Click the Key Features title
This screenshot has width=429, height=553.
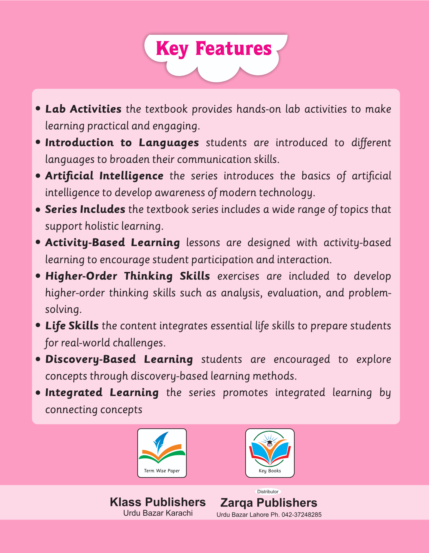tap(214, 49)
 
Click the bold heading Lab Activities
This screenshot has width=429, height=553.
tap(83, 109)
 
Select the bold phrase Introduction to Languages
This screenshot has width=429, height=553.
tap(122, 143)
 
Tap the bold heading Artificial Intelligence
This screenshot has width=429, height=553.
tap(104, 176)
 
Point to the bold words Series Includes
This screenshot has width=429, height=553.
tap(85, 209)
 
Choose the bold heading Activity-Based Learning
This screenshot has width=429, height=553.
tap(113, 243)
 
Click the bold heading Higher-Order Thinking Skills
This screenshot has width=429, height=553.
tap(128, 276)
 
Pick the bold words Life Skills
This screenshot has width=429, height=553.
tap(72, 326)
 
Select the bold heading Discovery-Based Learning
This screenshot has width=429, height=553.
tap(119, 359)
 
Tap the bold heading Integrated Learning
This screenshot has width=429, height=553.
tap(102, 392)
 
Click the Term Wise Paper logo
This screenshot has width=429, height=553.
tap(162, 453)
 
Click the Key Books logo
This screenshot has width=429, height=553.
tap(270, 453)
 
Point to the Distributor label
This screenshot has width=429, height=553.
tap(268, 492)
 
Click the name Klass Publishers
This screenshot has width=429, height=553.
tap(158, 502)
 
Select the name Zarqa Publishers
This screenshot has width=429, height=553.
tap(269, 503)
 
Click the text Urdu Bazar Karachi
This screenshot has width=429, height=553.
tap(158, 513)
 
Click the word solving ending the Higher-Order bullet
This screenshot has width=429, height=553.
tap(63, 309)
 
